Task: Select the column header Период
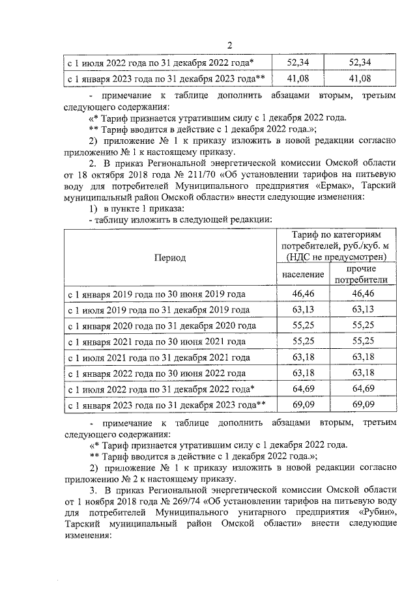coord(169,257)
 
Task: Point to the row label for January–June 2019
coord(157,294)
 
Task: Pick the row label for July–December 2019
coord(159,310)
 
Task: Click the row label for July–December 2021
coord(159,357)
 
